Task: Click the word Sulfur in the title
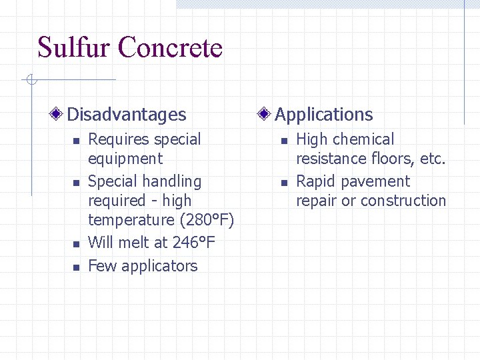(x=74, y=48)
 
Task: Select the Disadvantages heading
(x=127, y=115)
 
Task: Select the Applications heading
(x=324, y=115)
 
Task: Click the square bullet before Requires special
(x=76, y=141)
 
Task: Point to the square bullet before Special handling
(x=76, y=183)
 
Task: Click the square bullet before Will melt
(x=76, y=244)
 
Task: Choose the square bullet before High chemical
(x=283, y=141)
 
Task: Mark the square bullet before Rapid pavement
(x=283, y=183)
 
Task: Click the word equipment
(x=125, y=159)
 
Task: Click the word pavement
(x=379, y=181)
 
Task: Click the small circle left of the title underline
(x=30, y=81)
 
